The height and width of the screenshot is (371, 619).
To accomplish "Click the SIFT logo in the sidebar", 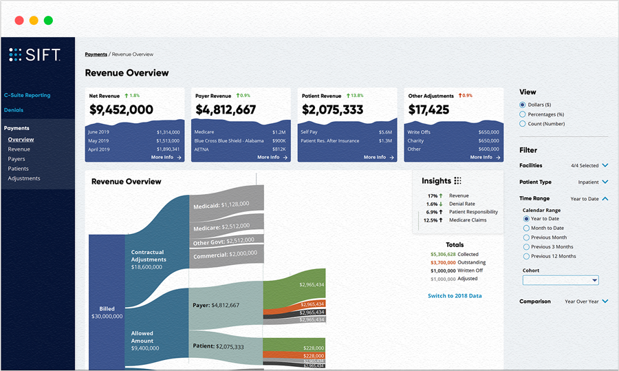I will pos(34,55).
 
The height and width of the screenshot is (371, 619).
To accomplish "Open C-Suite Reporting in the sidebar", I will pos(27,95).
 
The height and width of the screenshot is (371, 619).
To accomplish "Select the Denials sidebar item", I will pos(13,109).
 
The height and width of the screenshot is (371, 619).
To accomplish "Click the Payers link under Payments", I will pos(17,159).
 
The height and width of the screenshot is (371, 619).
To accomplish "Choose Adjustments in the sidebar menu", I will pos(24,178).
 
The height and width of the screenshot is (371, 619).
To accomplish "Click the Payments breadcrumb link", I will pos(96,54).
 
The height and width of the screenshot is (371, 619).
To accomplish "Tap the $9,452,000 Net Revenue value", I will pos(121,109).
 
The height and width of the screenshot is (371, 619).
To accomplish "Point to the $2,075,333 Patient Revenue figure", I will pos(332,109).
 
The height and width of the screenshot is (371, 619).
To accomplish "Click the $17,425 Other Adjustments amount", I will pos(428,109).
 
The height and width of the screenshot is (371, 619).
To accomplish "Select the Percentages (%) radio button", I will pos(523,114).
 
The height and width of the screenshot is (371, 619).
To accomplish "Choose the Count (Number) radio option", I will pos(523,124).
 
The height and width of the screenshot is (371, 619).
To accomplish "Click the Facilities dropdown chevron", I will pos(605,165).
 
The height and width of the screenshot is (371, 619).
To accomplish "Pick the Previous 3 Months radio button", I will pos(527,246).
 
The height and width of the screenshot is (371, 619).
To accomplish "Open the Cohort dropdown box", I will pos(561,280).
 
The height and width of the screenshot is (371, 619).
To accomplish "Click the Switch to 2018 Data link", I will pos(455,295).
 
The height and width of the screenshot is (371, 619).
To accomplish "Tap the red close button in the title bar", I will pos(19,20).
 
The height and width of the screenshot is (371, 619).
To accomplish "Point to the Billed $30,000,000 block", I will pos(107,312).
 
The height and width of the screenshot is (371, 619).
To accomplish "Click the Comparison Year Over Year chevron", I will pos(605,301).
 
